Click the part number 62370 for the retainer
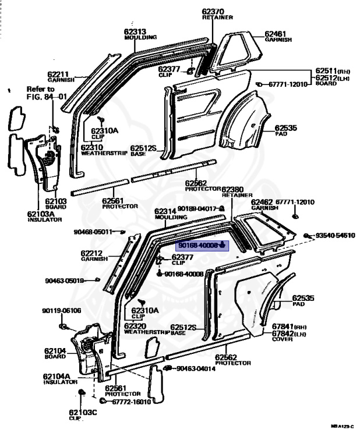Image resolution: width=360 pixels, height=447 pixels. click(213, 11)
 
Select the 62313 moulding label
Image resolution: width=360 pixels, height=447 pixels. click(135, 31)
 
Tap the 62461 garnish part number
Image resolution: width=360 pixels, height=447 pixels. click(276, 34)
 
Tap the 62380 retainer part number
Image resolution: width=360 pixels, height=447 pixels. click(232, 190)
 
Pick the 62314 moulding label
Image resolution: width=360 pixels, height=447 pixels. click(165, 211)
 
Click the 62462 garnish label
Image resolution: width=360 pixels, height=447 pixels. click(262, 202)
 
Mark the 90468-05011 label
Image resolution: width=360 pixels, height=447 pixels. click(93, 232)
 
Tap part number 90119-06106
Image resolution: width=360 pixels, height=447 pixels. click(61, 310)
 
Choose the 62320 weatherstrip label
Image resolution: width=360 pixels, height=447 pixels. click(138, 326)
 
